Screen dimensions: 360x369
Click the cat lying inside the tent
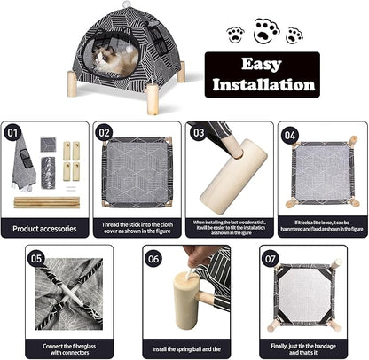117,59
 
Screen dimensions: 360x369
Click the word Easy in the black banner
261,65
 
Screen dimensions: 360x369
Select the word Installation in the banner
261,85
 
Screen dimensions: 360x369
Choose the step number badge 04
289,135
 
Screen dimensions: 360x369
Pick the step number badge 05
36,259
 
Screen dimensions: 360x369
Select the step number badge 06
153,259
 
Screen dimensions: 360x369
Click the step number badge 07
271,259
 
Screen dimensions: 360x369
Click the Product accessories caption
45,228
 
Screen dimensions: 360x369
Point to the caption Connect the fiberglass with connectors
68,348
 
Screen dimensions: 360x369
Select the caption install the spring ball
184,348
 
